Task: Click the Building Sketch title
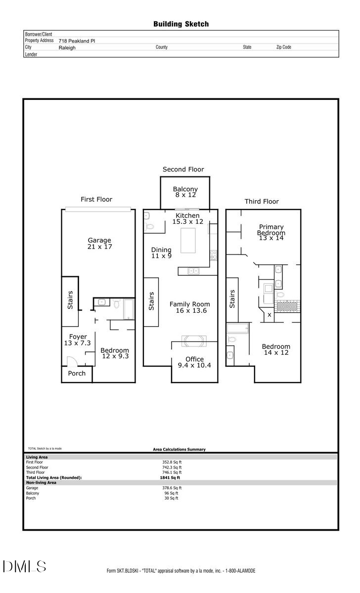[181, 24]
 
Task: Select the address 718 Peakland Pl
[77, 42]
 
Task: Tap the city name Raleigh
[67, 48]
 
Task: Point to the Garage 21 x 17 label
[99, 244]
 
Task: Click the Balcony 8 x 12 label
[185, 192]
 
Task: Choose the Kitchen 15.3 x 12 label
[188, 219]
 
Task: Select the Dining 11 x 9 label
[161, 253]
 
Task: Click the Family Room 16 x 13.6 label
[189, 307]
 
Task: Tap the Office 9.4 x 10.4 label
[194, 362]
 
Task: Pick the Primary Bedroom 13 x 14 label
[270, 232]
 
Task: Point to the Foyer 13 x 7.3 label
[75, 340]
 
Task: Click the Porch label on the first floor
[77, 374]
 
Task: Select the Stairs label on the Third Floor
[232, 299]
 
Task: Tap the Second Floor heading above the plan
[183, 169]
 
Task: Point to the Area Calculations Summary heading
[179, 450]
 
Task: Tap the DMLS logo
[25, 566]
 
